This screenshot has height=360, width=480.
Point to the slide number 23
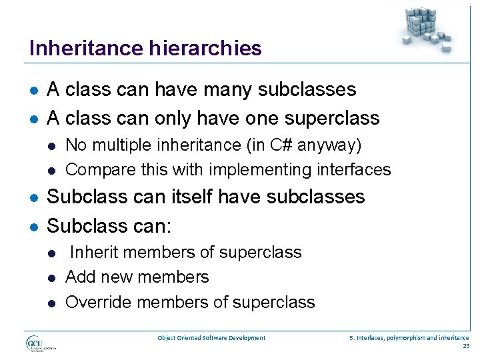point(465,345)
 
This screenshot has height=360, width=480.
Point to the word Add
point(79,277)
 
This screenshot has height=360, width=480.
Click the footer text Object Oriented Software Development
point(211,338)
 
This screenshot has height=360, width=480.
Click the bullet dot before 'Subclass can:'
point(33,226)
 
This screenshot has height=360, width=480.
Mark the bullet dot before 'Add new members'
point(52,277)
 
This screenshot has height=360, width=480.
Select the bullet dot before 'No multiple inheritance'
point(52,145)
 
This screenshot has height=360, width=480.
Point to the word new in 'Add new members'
point(114,277)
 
